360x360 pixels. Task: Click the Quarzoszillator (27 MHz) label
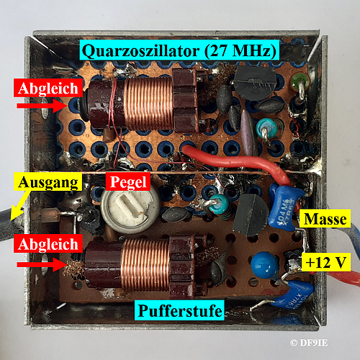[179, 50]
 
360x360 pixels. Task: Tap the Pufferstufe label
[179, 310]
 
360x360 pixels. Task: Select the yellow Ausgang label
[48, 181]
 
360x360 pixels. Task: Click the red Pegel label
[128, 181]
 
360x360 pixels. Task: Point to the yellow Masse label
[325, 218]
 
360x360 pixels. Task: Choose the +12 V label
[326, 262]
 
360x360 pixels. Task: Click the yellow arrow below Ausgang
[21, 204]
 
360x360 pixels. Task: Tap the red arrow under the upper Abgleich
[42, 106]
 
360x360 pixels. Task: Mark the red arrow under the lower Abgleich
[42, 265]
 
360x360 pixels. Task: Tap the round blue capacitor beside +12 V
[265, 265]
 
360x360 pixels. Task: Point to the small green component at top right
[300, 81]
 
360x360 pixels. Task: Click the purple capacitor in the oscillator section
[248, 132]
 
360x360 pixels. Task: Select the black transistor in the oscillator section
[255, 83]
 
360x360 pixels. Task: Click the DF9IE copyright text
[309, 343]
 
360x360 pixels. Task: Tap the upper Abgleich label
[48, 88]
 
